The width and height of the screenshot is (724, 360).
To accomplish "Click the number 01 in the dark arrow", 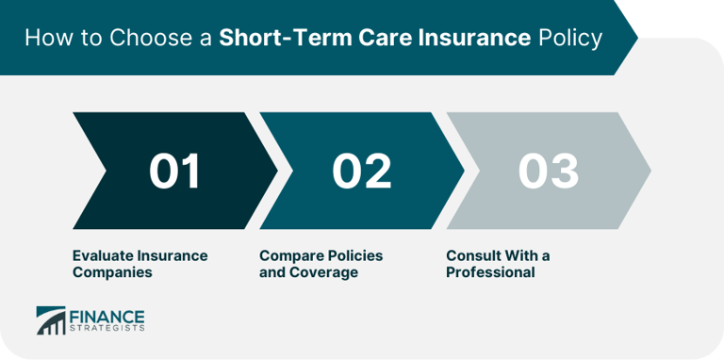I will pyautogui.click(x=175, y=172).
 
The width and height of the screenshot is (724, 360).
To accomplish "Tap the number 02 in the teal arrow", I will pyautogui.click(x=362, y=172).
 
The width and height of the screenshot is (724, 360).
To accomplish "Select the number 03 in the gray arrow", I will pyautogui.click(x=548, y=172).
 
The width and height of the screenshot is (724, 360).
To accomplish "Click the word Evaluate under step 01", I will pyautogui.click(x=103, y=255).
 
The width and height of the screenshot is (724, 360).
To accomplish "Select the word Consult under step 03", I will pyautogui.click(x=472, y=255).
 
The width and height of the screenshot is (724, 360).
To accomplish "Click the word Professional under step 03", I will pyautogui.click(x=490, y=272).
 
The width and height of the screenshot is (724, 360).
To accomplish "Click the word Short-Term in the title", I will pyautogui.click(x=278, y=40).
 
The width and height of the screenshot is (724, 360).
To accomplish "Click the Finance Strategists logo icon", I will pyautogui.click(x=51, y=320).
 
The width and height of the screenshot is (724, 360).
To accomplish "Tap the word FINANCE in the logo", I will pyautogui.click(x=105, y=315).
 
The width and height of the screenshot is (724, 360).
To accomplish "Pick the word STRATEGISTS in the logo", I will pyautogui.click(x=105, y=329).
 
